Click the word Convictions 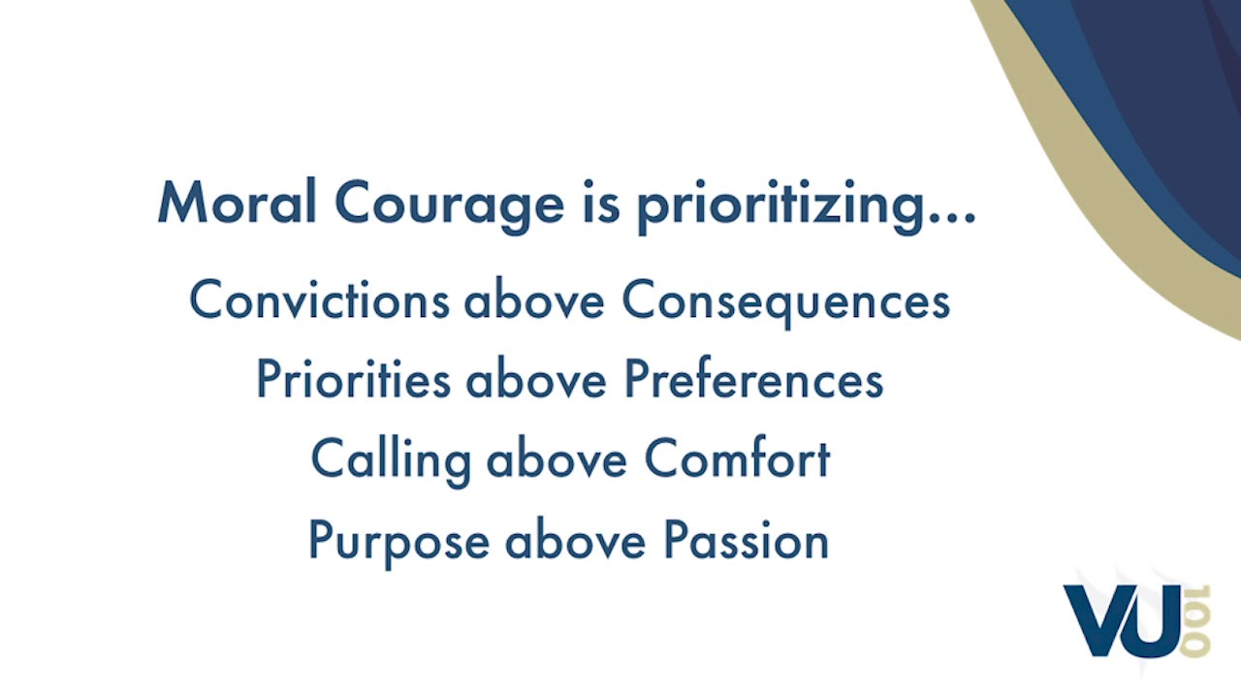(319, 301)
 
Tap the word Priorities (353, 380)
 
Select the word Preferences (752, 380)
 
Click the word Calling (390, 460)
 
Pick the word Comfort (737, 459)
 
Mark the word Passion (746, 540)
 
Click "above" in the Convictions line (534, 301)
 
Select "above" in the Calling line (557, 459)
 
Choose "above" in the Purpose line (575, 540)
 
